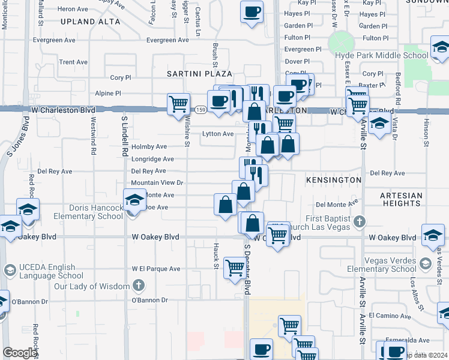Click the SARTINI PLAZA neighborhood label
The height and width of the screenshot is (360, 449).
coord(199,73)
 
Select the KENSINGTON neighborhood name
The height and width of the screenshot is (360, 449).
coord(333,180)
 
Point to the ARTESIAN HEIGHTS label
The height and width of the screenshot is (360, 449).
coord(402,199)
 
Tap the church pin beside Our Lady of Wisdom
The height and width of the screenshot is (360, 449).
coord(139,285)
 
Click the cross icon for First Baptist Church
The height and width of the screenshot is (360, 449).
coord(359,221)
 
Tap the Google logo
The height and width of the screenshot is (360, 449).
coord(20,353)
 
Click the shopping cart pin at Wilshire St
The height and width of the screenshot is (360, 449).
coord(178,104)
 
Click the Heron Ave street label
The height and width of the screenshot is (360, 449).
coord(73,9)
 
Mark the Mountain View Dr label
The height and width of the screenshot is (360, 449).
coord(157,183)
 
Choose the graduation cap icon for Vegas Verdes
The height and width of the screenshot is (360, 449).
coord(425,263)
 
